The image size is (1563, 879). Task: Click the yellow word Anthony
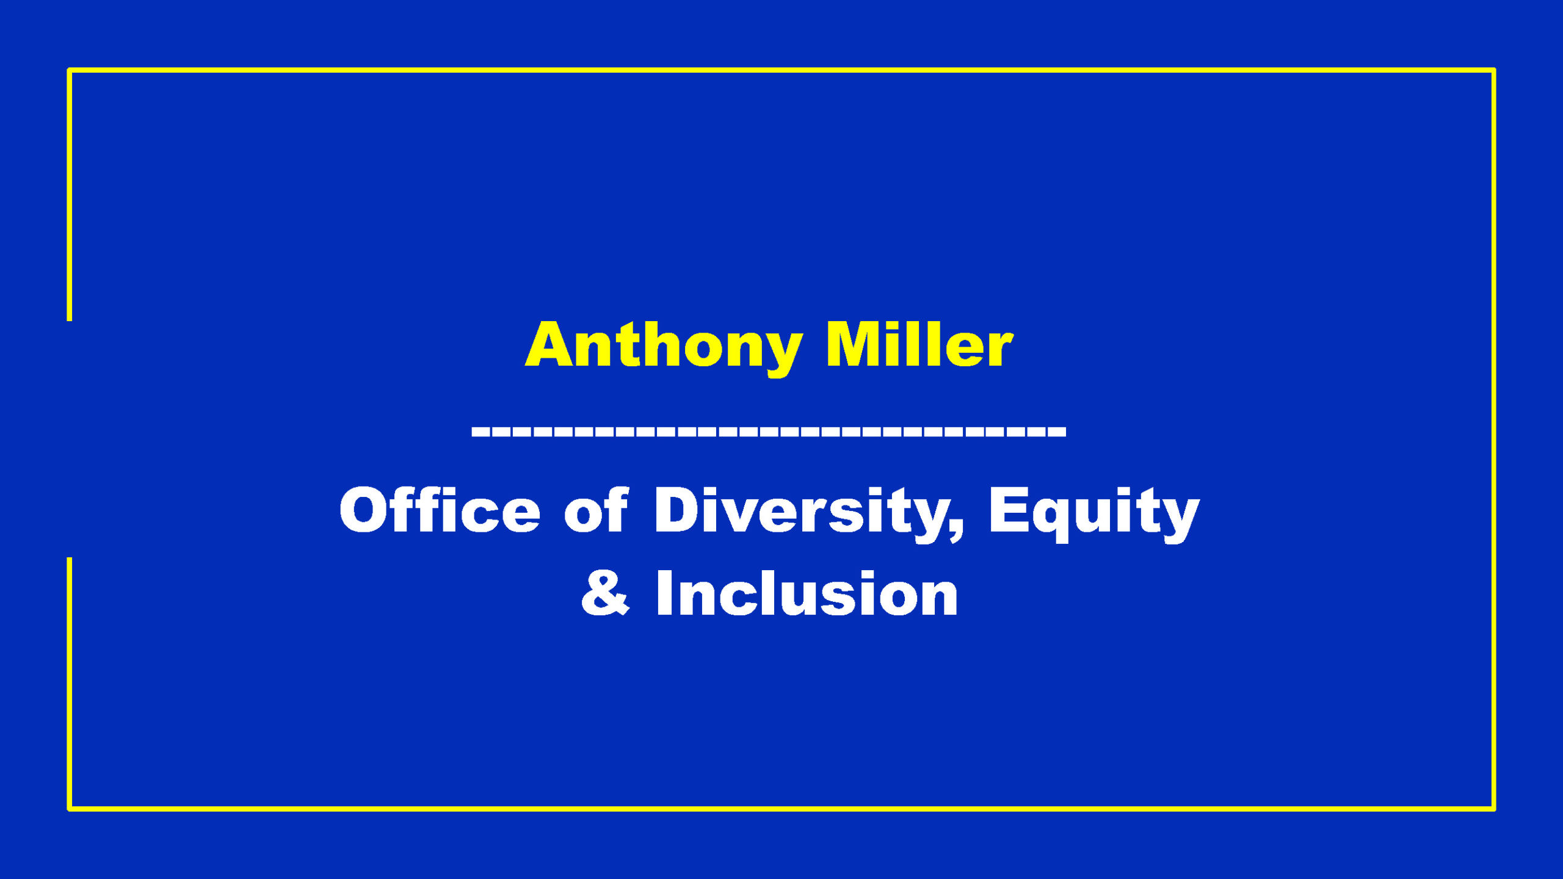(664, 349)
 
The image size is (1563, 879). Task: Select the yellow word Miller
(919, 345)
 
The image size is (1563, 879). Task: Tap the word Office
(440, 510)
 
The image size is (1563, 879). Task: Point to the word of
(596, 510)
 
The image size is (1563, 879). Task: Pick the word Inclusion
(807, 593)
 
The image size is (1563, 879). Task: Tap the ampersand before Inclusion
(604, 593)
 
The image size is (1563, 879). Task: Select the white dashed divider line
(769, 432)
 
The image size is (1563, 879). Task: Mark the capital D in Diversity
(677, 510)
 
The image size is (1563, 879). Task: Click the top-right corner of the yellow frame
(1494, 70)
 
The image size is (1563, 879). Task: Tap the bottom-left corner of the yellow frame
(69, 809)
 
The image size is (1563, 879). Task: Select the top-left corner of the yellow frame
(69, 70)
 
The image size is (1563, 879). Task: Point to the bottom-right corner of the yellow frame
(1494, 809)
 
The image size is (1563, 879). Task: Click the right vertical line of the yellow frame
(1494, 440)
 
